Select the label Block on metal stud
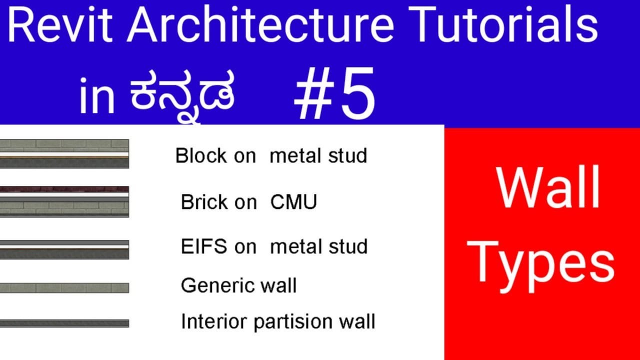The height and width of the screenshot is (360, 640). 271,155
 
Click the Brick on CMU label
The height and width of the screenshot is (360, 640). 249,202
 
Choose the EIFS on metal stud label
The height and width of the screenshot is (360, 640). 274,246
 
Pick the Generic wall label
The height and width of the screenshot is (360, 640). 238,285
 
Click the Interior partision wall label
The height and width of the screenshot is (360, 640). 278,321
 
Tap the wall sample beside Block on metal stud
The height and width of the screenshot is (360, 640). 64,153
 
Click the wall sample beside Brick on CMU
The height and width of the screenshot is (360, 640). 64,201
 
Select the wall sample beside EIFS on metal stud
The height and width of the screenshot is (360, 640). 64,249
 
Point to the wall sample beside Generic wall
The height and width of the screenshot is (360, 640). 64,287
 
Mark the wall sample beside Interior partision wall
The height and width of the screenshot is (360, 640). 64,323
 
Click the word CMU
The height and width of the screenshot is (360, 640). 293,202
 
